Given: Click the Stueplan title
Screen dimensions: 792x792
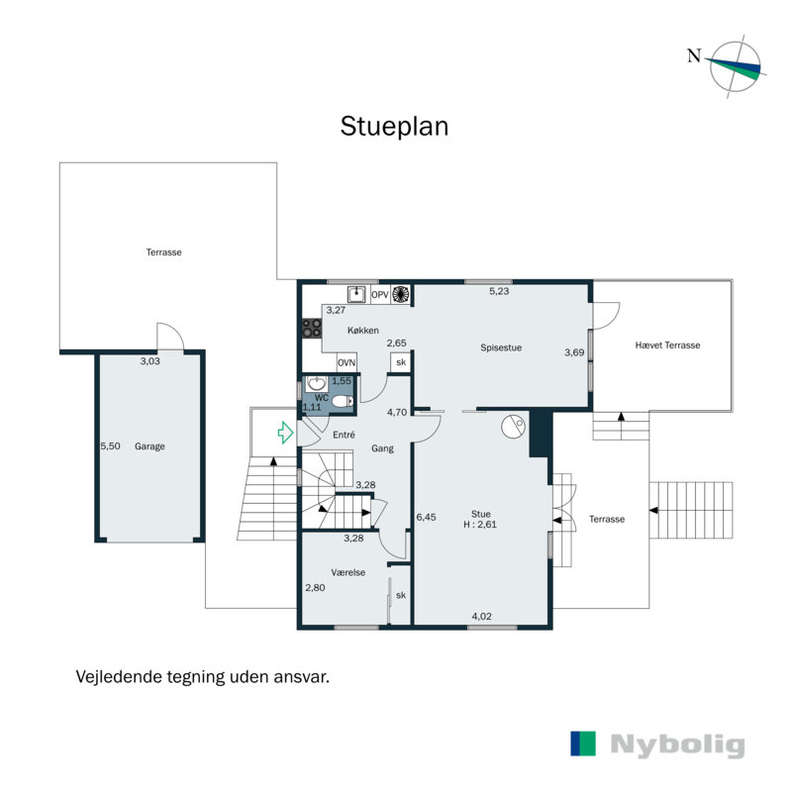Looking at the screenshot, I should (x=394, y=127).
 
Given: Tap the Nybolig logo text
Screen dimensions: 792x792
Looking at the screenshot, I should (x=677, y=744).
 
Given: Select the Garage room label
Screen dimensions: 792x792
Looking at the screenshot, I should (x=150, y=446).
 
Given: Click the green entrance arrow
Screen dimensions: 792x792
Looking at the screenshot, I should (x=285, y=432).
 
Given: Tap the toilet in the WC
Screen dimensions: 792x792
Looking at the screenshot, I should (x=340, y=401).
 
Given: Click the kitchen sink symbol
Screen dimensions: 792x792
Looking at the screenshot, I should (x=357, y=294).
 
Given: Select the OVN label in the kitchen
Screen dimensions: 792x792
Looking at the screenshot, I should (x=346, y=362).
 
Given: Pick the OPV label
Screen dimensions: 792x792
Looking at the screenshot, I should (x=380, y=294).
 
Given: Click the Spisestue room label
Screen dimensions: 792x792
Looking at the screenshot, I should (x=501, y=347).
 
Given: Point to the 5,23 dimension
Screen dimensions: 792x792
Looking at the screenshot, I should (x=500, y=291).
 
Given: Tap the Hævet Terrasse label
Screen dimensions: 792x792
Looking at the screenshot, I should (x=667, y=346).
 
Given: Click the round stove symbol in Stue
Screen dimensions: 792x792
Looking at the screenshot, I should (x=513, y=427).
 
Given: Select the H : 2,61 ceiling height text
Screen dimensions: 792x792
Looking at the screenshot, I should (x=481, y=525).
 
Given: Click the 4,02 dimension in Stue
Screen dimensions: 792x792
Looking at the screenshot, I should (x=481, y=617).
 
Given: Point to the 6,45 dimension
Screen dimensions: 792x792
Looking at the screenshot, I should (x=426, y=517).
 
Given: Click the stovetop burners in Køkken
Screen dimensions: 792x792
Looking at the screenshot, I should (x=310, y=328).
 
